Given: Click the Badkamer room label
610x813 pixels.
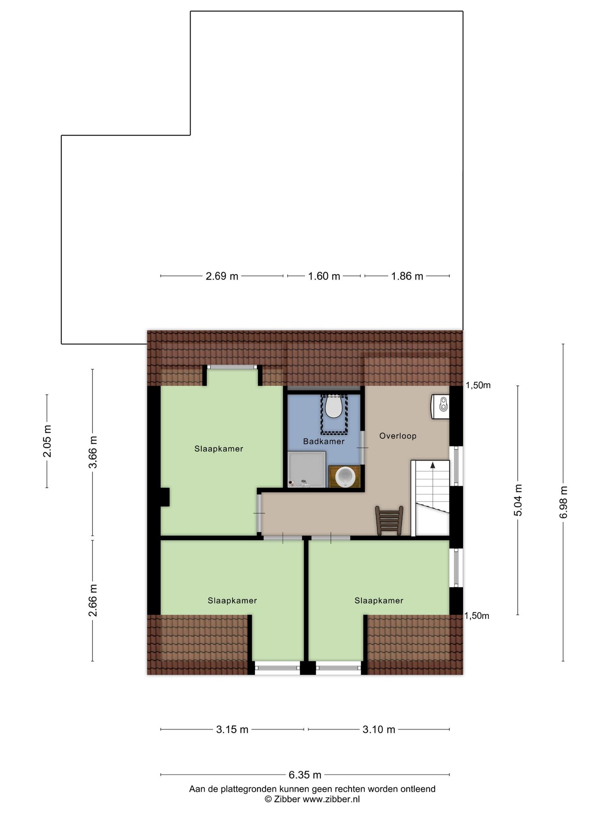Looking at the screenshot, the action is click(324, 441).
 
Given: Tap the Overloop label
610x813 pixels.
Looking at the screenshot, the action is click(398, 436).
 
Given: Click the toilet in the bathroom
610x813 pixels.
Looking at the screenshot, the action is click(334, 406).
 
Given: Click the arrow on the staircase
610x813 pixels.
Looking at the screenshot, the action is click(433, 465).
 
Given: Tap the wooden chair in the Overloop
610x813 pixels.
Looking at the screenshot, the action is click(389, 520).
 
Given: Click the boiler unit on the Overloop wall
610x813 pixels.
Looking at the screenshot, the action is click(440, 406).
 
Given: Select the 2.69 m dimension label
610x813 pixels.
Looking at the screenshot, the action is click(222, 276).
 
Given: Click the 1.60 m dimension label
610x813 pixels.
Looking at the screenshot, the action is click(324, 276).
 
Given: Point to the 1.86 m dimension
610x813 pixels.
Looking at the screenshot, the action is click(407, 276).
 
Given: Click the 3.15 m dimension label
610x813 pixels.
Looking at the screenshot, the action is click(232, 729).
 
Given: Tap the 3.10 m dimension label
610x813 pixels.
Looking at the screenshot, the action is click(379, 729).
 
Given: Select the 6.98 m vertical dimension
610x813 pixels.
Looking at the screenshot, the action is click(563, 502).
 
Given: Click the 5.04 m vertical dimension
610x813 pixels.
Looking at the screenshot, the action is click(518, 500).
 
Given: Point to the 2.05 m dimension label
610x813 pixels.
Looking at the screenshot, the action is click(47, 441).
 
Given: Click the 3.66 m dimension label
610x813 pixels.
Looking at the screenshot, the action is click(93, 452).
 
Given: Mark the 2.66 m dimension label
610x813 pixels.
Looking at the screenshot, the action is click(93, 600).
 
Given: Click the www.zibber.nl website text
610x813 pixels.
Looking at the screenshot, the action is click(331, 799).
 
